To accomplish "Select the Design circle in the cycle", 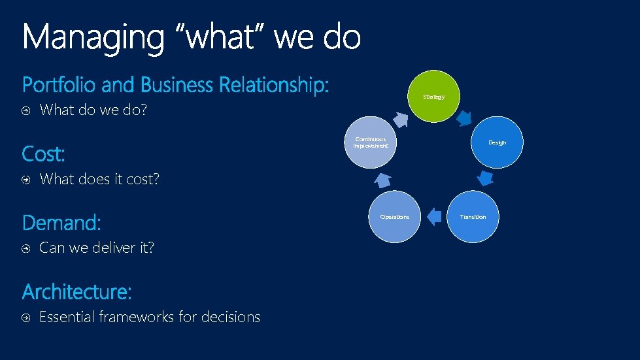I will [497, 142].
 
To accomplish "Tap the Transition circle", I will [473, 216].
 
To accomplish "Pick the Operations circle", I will [394, 216].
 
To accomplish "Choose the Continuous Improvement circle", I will [371, 142].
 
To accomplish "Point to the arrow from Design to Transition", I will [484, 178].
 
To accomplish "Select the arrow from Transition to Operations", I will [433, 216].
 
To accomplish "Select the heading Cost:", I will [44, 154].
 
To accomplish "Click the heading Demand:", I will [61, 223].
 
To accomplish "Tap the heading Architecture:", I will [77, 291].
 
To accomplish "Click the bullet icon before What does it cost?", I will [25, 180].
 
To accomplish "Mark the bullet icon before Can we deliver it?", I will [25, 248].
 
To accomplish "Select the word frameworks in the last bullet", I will [137, 317].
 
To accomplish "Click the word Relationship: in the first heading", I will [274, 85].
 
